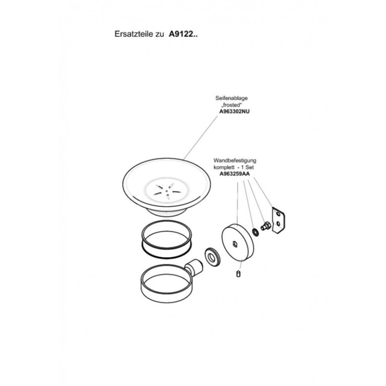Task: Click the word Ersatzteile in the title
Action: point(134,34)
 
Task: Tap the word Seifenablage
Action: point(231,98)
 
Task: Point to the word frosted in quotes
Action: point(232,105)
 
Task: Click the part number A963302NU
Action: point(234,111)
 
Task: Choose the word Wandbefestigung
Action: point(235,161)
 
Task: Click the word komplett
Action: point(223,168)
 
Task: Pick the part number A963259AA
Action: point(235,174)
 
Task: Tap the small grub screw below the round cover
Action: point(238,274)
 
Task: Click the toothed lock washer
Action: point(255,232)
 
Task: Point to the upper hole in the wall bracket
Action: point(278,214)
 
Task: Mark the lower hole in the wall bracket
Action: point(278,223)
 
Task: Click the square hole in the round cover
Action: point(235,244)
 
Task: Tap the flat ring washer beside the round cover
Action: point(212,257)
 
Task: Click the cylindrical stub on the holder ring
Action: point(194,267)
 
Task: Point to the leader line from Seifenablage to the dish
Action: point(201,138)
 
